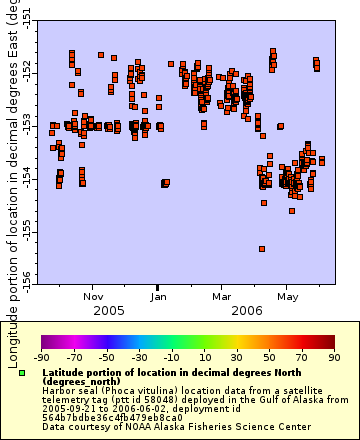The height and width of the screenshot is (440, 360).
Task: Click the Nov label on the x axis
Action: pyautogui.click(x=93, y=296)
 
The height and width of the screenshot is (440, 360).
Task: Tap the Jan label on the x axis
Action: pyautogui.click(x=159, y=296)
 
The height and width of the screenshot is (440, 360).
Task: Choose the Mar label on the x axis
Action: pyautogui.click(x=222, y=296)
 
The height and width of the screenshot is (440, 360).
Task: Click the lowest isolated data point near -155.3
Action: pyautogui.click(x=262, y=249)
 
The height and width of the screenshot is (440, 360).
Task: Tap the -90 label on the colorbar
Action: pyautogui.click(x=42, y=357)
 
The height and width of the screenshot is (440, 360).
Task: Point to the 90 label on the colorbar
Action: pyautogui.click(x=333, y=357)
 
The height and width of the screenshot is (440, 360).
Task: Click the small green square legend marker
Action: pyautogui.click(x=22, y=372)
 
